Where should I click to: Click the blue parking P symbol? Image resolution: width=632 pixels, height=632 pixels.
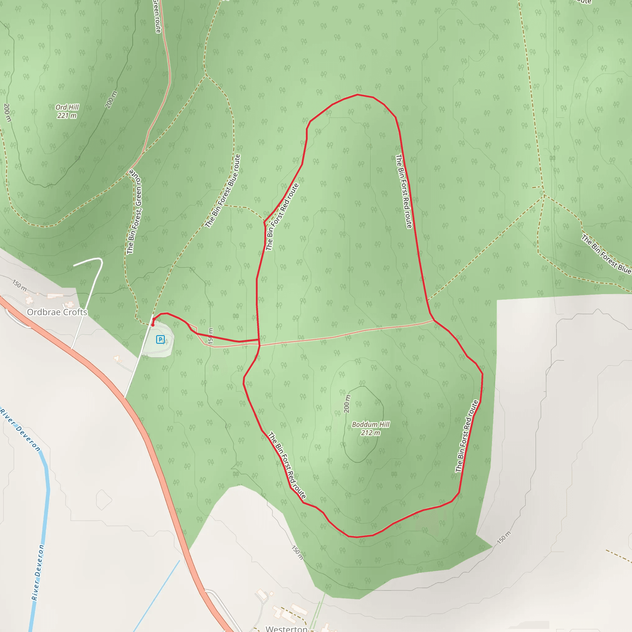point(160,339)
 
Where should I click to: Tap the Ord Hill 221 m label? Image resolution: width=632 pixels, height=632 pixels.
point(67,111)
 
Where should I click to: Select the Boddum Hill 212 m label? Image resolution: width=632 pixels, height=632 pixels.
point(371,429)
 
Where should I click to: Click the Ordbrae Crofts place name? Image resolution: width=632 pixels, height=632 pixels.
point(57,312)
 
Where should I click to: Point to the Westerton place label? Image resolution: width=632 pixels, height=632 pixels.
point(286,628)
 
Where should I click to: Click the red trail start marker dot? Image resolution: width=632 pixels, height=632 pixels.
point(152,325)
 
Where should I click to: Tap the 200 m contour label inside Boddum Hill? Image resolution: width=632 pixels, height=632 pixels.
point(347,404)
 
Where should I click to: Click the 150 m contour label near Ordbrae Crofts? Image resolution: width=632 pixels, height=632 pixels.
point(20,285)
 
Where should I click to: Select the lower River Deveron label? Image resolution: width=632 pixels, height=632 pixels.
point(38,572)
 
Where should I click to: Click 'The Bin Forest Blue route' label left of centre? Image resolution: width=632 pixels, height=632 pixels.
point(223,191)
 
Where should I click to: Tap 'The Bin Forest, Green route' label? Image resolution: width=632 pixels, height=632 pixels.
point(135,212)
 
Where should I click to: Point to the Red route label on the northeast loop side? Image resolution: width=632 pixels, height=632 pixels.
point(404,191)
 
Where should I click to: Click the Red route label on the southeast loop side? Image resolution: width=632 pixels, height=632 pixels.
point(467,436)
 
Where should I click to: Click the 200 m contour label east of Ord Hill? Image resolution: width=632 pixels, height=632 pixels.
point(111,100)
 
